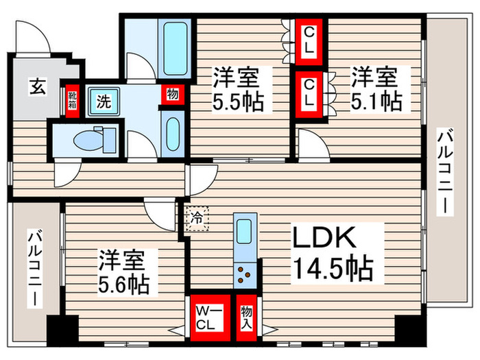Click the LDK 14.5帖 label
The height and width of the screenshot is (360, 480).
333,253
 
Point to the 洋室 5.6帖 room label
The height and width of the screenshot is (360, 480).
126,272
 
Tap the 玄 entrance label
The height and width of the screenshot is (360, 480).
37,87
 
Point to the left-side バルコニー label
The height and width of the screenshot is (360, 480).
32,268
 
